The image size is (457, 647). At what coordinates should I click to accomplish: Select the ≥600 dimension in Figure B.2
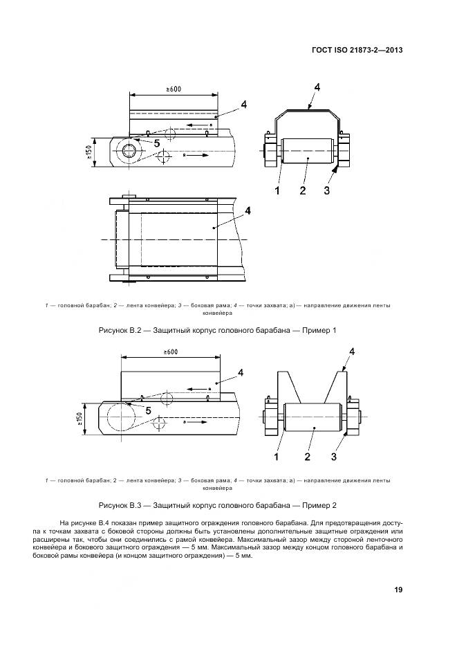(x=174, y=89)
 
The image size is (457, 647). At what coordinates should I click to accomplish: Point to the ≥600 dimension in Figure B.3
(x=171, y=352)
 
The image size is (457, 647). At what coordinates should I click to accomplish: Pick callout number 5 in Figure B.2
(x=157, y=143)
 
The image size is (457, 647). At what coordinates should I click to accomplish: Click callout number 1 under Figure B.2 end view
(x=277, y=191)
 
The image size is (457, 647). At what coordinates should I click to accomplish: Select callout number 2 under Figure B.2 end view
(x=303, y=191)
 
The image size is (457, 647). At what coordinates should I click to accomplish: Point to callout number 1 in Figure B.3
(x=277, y=457)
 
